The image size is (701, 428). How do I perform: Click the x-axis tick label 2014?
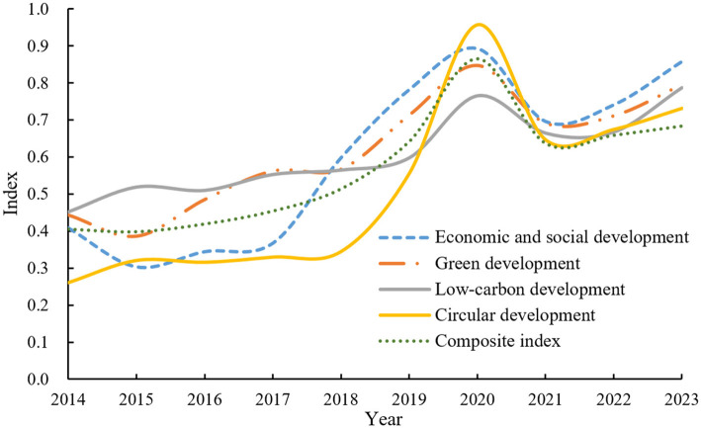coord(68,399)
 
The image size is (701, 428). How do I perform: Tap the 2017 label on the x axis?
coord(272,399)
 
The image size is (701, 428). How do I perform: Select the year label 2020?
coord(477,399)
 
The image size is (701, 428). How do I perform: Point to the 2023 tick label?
coord(681,399)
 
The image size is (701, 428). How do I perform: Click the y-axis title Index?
coord(10,193)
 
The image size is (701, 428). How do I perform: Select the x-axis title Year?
coord(384,419)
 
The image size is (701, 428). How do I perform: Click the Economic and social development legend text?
coord(562,237)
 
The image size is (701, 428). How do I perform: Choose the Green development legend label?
coord(507,264)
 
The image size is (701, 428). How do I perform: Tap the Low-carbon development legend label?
coord(530,290)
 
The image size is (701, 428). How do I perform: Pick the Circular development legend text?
coord(515,315)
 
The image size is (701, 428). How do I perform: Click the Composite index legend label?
coord(497,341)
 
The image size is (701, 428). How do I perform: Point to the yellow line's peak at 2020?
coord(479,25)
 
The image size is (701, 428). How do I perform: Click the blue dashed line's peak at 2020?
coord(472,47)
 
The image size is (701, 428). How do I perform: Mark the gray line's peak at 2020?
coord(481,95)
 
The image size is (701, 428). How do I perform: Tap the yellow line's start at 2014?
coord(68,283)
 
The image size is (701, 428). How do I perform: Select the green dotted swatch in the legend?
coord(403,341)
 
